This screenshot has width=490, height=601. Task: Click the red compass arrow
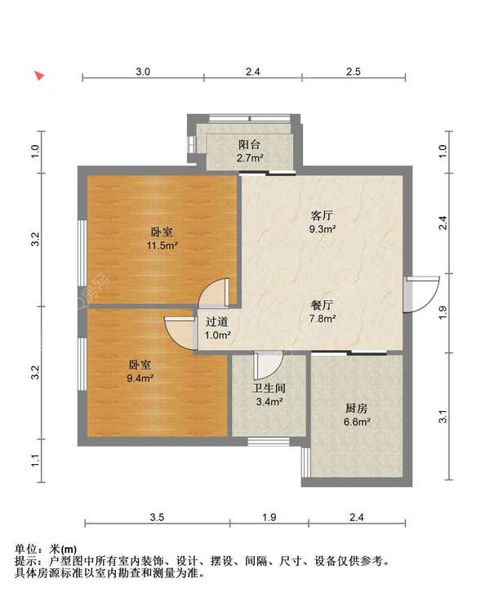(x=39, y=76)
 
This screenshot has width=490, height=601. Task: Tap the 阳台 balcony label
(x=249, y=144)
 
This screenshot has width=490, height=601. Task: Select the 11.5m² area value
(x=162, y=245)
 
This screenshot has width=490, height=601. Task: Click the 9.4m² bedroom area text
(x=140, y=378)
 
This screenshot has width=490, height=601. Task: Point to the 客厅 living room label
(x=322, y=215)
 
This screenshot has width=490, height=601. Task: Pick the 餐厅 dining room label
(x=322, y=305)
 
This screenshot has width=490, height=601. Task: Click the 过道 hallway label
(x=217, y=321)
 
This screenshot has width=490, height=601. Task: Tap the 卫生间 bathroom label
(x=269, y=388)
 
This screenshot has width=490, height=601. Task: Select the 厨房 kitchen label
(x=356, y=409)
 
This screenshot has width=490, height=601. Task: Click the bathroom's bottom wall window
(x=268, y=441)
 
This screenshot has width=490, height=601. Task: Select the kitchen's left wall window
(x=305, y=462)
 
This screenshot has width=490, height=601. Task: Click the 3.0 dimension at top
(x=143, y=72)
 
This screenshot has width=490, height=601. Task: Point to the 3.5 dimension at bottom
(x=157, y=518)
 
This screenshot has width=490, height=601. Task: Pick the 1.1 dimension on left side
(x=35, y=461)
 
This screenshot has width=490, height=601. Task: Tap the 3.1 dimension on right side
(x=443, y=417)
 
